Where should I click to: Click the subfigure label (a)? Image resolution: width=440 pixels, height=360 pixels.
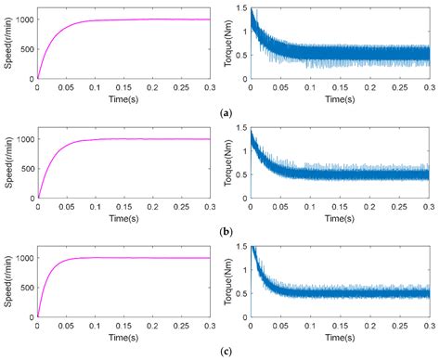(226, 111)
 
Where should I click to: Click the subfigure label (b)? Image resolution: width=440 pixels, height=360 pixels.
(226, 230)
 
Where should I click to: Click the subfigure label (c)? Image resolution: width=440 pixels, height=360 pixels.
(226, 351)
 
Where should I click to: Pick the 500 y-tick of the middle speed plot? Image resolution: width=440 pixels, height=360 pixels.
(26, 168)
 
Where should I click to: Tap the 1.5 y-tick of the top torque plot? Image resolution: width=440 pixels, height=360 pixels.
(240, 7)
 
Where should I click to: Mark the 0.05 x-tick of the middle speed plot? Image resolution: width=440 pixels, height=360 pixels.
(66, 207)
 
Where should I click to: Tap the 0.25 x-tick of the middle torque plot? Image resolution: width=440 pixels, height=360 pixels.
(398, 207)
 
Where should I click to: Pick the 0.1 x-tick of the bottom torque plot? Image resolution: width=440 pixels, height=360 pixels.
(309, 327)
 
